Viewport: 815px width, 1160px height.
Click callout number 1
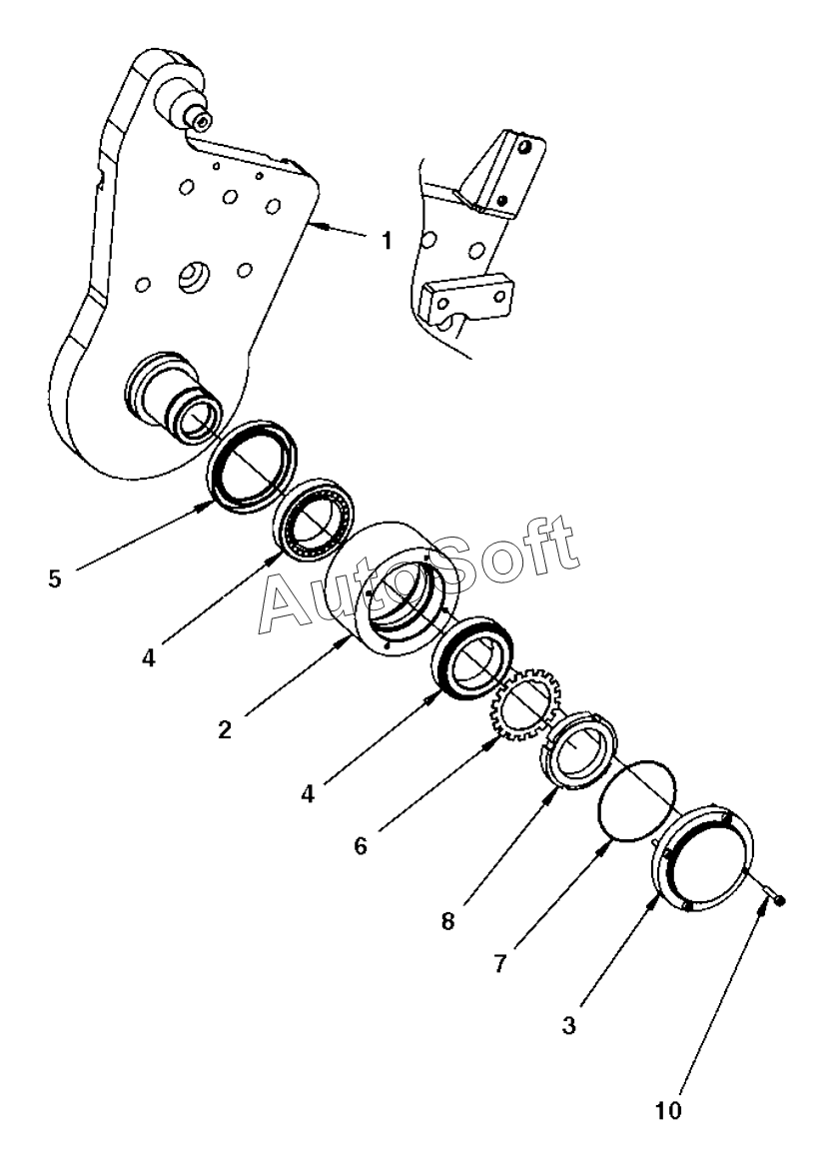click(387, 241)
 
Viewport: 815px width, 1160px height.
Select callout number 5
click(55, 579)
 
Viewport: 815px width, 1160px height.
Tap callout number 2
click(225, 730)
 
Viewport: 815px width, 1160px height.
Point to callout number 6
click(361, 845)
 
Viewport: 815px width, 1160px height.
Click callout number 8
click(448, 922)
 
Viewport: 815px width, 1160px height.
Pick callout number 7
click(500, 964)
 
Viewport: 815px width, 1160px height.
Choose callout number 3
click(568, 1026)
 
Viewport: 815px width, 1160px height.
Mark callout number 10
click(668, 1111)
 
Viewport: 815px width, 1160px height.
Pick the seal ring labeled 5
click(253, 466)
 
